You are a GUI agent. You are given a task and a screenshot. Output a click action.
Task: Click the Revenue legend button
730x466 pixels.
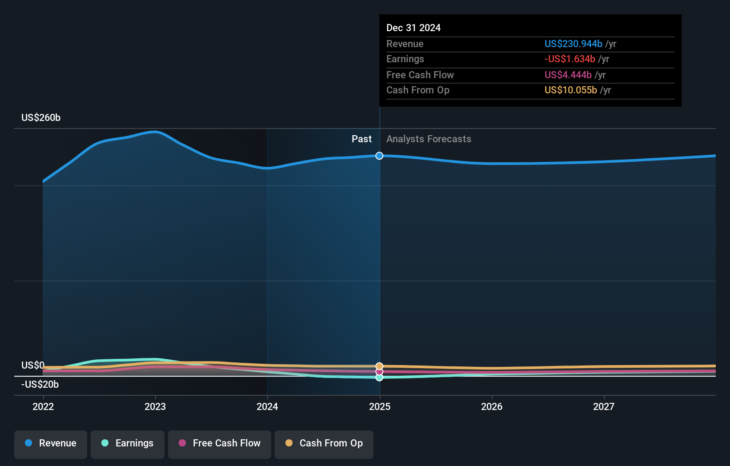[x=51, y=443]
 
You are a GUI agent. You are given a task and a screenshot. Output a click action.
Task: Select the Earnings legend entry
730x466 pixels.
[x=128, y=443]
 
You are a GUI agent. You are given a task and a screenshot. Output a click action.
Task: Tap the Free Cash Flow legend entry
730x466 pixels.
[x=220, y=443]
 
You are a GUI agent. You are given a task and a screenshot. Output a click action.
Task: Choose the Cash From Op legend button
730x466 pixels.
[x=324, y=443]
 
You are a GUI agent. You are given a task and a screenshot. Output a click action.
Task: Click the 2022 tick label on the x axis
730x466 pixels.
[x=43, y=406]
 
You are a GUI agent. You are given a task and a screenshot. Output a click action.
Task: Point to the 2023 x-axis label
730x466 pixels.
[x=155, y=406]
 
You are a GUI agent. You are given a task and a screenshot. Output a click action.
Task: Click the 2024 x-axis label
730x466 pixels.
[x=267, y=406]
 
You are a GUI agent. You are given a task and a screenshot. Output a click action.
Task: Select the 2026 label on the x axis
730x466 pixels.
[x=492, y=406]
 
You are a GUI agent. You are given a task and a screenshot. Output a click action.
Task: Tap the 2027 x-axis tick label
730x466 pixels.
[x=604, y=406]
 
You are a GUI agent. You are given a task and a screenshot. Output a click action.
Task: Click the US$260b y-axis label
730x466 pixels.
[x=41, y=118]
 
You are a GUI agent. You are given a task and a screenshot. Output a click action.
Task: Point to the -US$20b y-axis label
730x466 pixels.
[x=40, y=385]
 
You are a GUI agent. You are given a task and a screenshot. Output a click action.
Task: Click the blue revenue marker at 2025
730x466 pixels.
[x=379, y=156]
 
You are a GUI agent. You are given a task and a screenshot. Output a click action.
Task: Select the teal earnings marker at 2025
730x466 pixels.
[x=379, y=378]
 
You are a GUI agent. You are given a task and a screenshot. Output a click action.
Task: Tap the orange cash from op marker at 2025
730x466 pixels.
[x=379, y=366]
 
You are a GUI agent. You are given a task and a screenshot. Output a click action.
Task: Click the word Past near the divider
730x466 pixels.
[x=361, y=139]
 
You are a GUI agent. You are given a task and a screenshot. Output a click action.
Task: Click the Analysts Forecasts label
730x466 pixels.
[x=429, y=139]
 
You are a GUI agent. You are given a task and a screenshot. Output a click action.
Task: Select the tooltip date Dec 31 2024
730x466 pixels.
[x=413, y=28]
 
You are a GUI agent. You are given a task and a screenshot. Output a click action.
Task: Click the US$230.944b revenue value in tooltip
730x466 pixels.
[x=573, y=44]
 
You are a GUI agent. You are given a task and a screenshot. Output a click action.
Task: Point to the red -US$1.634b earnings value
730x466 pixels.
[x=570, y=59]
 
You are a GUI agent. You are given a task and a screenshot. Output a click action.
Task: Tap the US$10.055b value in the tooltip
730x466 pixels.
[x=570, y=90]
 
